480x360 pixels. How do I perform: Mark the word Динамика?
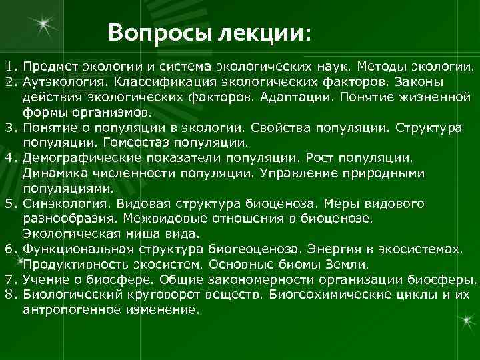point(53,173)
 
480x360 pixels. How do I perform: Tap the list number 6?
point(9,249)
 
